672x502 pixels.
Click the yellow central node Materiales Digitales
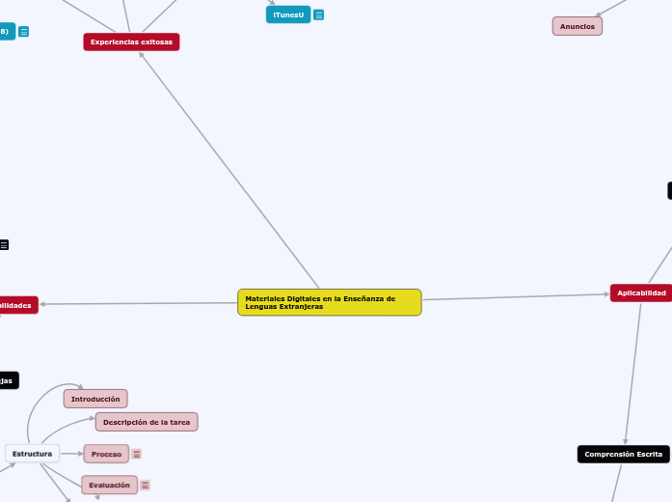[x=329, y=302]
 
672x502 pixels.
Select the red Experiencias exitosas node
[x=131, y=42]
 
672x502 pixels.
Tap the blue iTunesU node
[x=288, y=14]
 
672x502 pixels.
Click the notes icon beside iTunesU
[x=319, y=15]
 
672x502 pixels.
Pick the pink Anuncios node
[x=577, y=26]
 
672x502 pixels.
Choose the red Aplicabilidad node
[x=641, y=293]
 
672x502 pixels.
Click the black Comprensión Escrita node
[x=623, y=454]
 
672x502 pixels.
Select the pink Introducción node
[x=95, y=399]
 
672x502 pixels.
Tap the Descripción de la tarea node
[x=147, y=422]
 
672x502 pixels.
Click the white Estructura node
[x=32, y=453]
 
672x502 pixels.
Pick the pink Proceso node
[x=106, y=454]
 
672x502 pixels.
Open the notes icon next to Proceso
[x=137, y=454]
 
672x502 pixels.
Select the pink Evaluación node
[x=109, y=485]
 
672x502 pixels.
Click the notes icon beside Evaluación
[x=146, y=486]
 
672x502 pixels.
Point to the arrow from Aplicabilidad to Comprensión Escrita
[x=632, y=372]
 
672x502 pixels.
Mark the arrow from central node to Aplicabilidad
[x=516, y=297]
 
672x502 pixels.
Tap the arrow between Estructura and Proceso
[x=71, y=453]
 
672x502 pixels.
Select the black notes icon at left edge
[x=4, y=245]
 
